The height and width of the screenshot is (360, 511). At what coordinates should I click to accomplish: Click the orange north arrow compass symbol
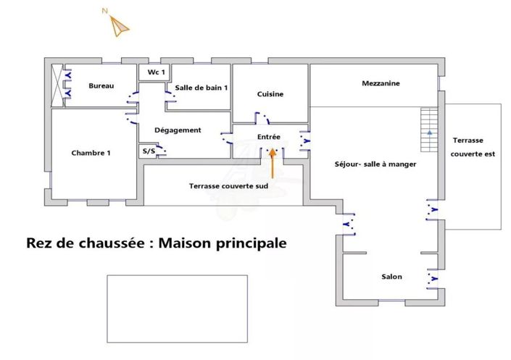118,25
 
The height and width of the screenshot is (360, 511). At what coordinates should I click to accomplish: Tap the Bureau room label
101,85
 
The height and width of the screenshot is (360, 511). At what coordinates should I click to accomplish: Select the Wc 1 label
156,72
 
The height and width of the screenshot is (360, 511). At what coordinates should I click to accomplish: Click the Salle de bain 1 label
201,88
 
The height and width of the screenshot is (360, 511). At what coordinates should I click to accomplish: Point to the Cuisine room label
270,94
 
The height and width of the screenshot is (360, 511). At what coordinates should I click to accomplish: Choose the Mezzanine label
381,83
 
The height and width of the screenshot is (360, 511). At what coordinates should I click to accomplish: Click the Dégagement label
178,130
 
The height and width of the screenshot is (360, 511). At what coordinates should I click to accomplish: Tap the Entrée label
268,137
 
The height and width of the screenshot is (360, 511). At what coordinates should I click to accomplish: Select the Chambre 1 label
91,153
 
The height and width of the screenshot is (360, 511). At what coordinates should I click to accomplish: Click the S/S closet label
149,151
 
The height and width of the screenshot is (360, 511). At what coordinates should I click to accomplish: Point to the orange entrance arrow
273,164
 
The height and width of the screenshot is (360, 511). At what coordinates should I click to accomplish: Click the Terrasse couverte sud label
228,186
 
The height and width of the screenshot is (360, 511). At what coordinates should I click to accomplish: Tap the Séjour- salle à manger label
375,164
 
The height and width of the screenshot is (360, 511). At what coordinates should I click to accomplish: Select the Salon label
391,277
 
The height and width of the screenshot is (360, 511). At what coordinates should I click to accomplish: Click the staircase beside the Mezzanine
429,130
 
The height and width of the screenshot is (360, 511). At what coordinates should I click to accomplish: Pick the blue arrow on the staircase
430,133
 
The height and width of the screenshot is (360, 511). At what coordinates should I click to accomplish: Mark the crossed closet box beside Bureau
57,85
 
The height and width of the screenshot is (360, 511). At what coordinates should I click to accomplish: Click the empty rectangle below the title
178,309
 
